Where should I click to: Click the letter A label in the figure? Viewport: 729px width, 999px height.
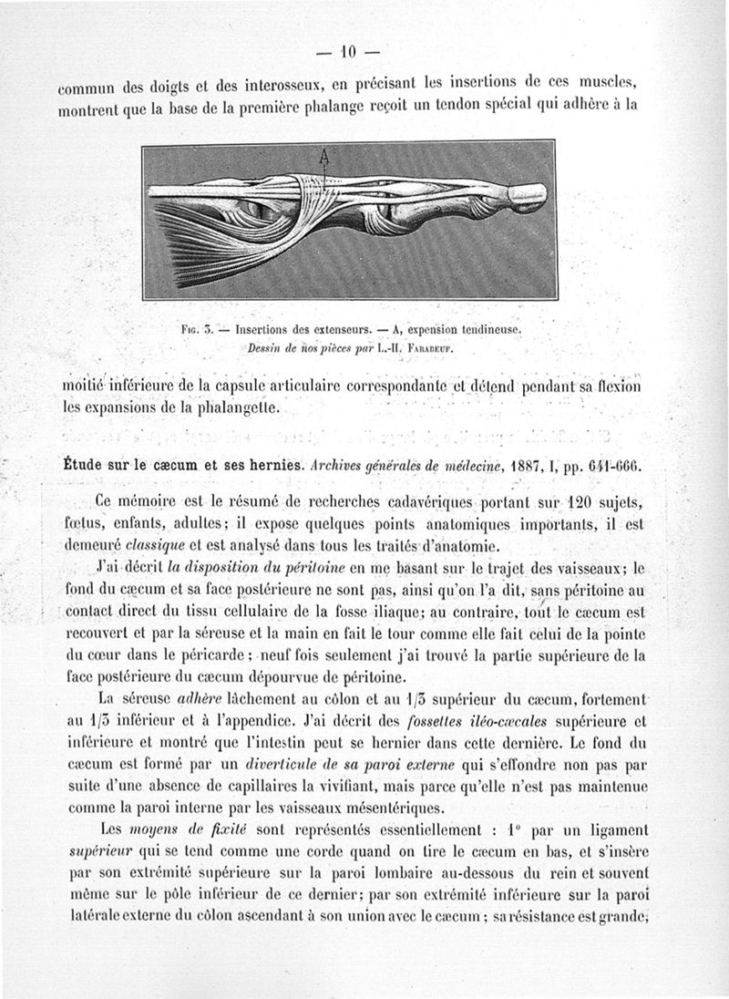(x=322, y=156)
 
